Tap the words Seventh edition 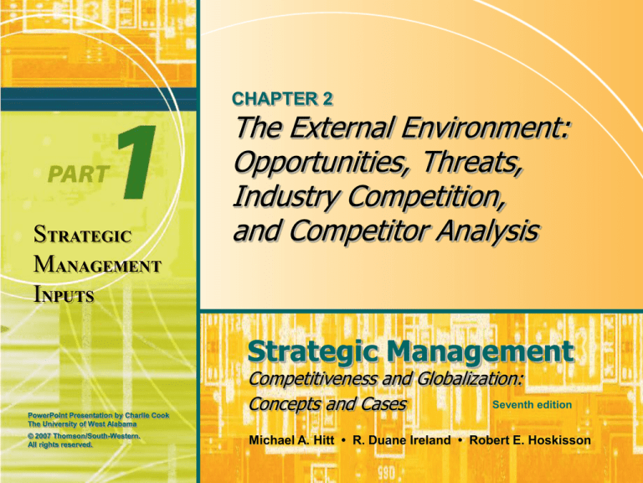[x=532, y=405]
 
